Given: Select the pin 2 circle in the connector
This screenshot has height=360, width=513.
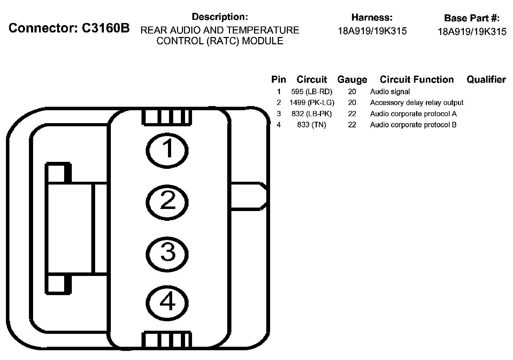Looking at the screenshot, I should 167,202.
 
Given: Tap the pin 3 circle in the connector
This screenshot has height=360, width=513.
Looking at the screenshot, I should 167,252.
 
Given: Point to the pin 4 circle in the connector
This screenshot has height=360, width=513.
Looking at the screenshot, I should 167,302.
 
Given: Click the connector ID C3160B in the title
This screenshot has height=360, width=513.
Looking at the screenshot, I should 105,28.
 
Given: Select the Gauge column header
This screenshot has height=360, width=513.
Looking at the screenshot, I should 352,80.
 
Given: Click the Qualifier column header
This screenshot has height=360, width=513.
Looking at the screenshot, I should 486,80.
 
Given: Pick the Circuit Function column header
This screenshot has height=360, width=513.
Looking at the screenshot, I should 416,80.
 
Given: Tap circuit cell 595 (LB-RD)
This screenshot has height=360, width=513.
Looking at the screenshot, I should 312,92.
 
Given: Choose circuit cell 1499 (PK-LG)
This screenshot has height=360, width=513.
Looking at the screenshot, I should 312,103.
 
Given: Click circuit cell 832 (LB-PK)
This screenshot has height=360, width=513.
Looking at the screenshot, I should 312,114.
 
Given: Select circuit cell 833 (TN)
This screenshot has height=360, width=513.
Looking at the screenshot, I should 312,125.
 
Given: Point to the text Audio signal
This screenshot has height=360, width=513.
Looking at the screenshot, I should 390,92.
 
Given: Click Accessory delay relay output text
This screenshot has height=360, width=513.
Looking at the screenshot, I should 416,103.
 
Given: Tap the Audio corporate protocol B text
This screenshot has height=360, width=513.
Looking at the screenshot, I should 413,125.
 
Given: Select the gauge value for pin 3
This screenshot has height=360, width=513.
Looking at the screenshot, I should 352,114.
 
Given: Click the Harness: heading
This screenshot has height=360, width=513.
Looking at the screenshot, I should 372,17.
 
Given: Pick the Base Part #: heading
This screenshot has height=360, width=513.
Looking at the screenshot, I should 472,18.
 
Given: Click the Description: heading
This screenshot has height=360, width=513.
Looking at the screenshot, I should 220,17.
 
